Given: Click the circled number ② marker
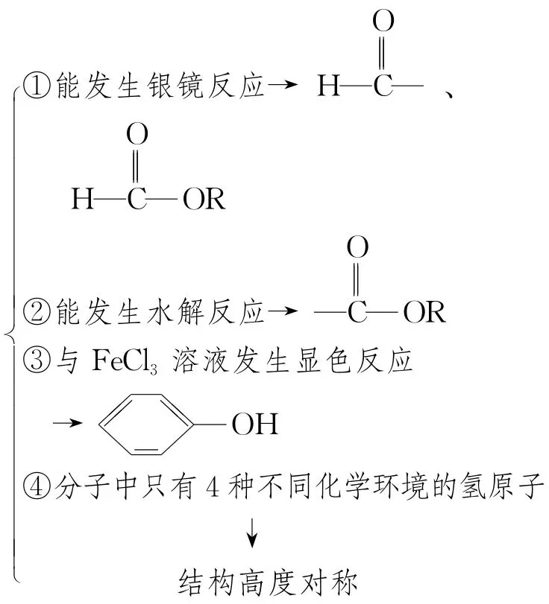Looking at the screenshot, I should pyautogui.click(x=35, y=313).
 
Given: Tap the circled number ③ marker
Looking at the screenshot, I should pyautogui.click(x=35, y=364).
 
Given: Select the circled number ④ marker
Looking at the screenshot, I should pyautogui.click(x=35, y=489).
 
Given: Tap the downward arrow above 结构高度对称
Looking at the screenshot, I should pyautogui.click(x=254, y=533).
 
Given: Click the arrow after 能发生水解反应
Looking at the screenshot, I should pyautogui.click(x=278, y=313).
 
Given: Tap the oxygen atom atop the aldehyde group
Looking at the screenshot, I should pyautogui.click(x=383, y=22).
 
